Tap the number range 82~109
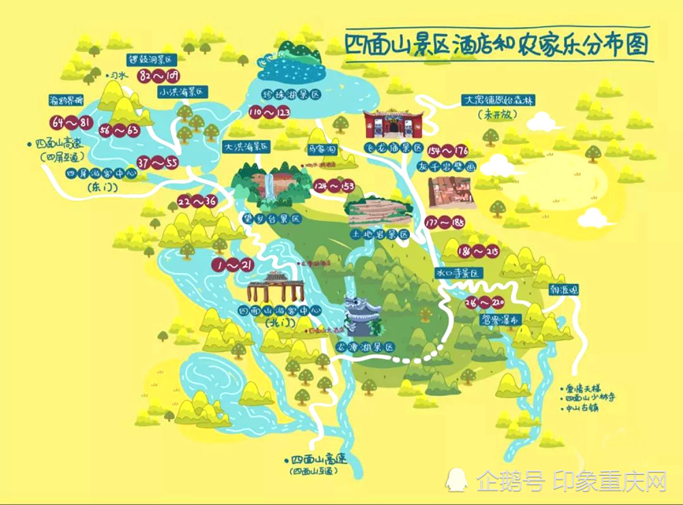click(x=158, y=75)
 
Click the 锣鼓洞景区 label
click(x=152, y=59)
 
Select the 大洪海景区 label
click(x=247, y=146)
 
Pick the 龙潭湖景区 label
click(x=367, y=347)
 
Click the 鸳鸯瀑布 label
click(x=500, y=319)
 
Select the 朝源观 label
click(x=563, y=289)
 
